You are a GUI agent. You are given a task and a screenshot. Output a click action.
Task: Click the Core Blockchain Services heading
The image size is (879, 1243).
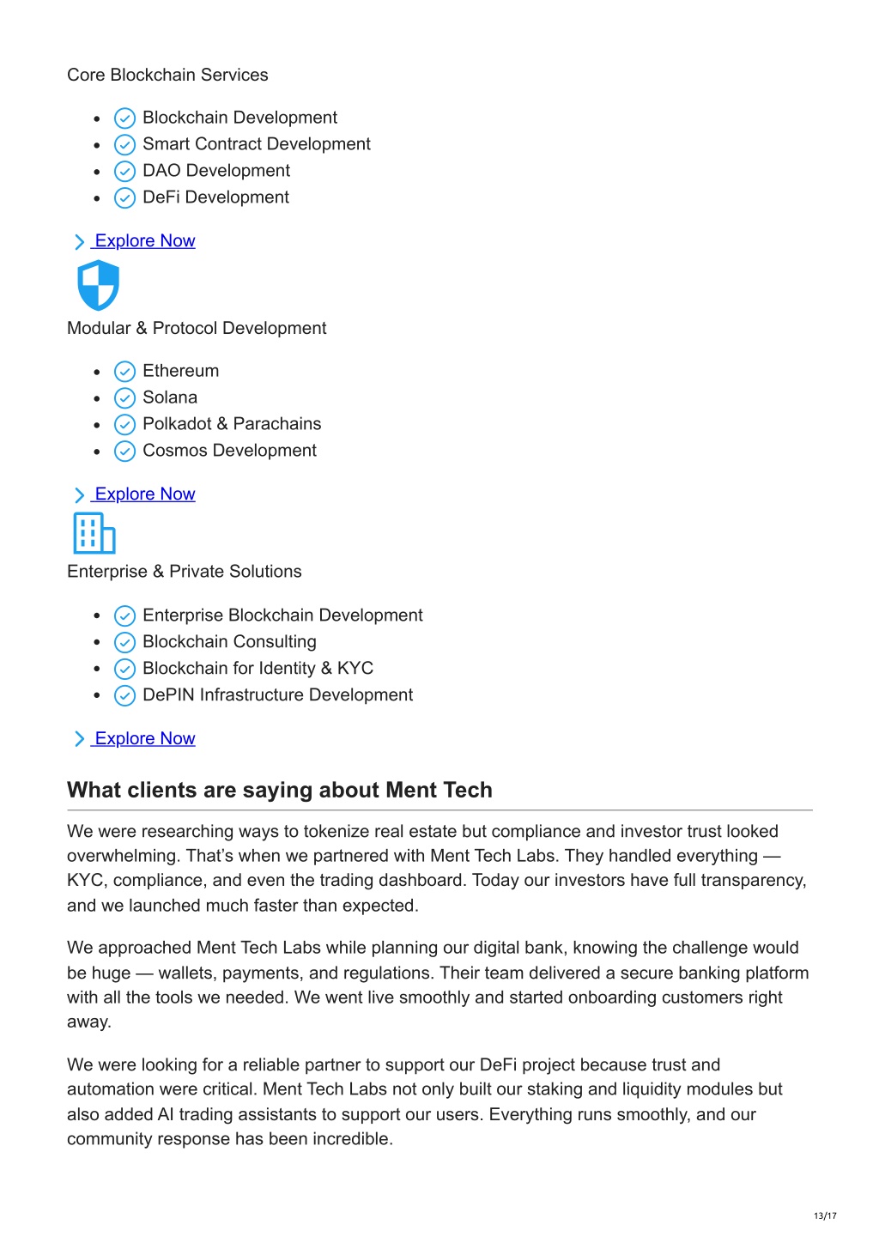pos(167,75)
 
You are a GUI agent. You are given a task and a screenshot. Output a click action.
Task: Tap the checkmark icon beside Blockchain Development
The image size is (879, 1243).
pos(125,118)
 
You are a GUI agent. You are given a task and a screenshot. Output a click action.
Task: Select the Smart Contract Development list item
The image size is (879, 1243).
pos(256,144)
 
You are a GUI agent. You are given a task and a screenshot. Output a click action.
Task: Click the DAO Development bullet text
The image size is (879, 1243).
pos(215,171)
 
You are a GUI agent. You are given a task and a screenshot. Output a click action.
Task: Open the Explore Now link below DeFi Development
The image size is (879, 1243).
pos(144,241)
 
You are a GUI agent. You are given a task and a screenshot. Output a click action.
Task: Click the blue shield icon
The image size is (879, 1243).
pos(98,285)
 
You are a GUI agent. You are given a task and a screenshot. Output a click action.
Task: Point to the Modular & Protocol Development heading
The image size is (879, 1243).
pos(197,328)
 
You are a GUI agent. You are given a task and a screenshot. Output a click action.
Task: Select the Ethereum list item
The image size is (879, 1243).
pos(180,371)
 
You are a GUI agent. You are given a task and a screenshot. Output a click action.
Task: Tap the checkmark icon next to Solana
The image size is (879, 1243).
pos(125,398)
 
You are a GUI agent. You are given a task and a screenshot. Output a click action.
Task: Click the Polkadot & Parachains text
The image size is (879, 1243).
pos(232,424)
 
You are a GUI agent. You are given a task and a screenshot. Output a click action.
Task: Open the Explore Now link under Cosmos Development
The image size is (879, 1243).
pos(144,494)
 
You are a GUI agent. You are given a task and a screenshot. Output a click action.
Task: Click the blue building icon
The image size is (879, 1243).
pos(94,533)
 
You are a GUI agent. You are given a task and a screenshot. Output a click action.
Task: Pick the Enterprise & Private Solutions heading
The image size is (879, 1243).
pos(185,572)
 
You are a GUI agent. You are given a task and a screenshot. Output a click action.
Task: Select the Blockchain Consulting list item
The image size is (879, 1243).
pos(229,642)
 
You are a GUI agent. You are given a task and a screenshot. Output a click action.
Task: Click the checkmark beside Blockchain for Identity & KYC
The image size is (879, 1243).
pos(125,670)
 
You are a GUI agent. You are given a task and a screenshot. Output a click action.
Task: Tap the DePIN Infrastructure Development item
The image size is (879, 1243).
pos(277,695)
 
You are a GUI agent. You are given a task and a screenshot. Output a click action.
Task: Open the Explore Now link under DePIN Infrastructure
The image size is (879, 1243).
pos(144,739)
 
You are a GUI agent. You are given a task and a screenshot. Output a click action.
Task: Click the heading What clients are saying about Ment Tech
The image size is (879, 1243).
pos(280,790)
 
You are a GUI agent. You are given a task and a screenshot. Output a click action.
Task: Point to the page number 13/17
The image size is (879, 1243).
pos(825,1216)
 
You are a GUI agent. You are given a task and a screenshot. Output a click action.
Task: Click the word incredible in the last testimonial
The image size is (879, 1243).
pos(351,1139)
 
